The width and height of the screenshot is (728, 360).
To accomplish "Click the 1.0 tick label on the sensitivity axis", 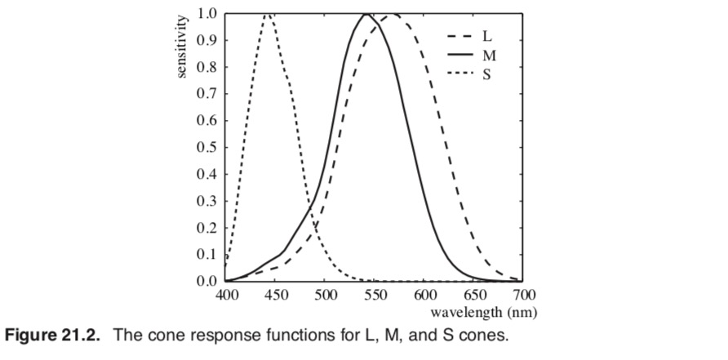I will click(x=207, y=14).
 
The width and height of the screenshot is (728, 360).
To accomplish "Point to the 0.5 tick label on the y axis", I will click(x=207, y=148).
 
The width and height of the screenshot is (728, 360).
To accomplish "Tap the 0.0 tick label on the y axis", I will click(x=207, y=281).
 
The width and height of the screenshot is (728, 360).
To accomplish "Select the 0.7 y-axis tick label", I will click(x=207, y=94).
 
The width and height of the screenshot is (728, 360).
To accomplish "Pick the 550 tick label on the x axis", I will click(x=375, y=295).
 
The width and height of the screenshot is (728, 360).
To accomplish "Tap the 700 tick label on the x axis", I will click(x=523, y=295).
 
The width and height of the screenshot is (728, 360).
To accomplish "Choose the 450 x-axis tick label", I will click(x=276, y=295).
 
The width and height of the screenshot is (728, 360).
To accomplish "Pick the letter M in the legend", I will click(x=489, y=56).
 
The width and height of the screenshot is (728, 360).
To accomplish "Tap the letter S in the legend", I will click(x=487, y=74).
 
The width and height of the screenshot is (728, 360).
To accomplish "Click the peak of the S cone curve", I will click(x=268, y=14).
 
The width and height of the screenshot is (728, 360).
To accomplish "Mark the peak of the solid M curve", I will click(x=366, y=14).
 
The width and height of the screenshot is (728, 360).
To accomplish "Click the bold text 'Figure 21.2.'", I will click(x=53, y=336).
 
